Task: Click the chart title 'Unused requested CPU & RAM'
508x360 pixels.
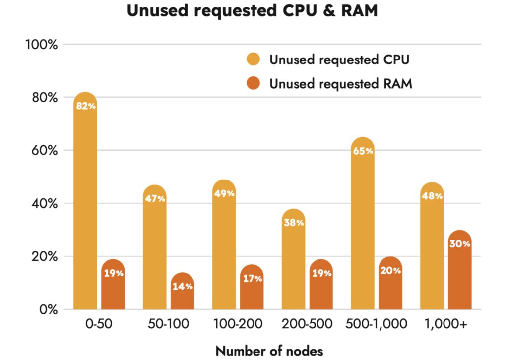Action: pos(252,11)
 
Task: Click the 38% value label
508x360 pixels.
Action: pos(294,223)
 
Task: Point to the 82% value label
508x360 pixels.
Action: pos(85,106)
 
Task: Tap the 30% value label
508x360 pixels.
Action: pos(460,243)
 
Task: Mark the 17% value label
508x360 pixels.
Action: pos(252,278)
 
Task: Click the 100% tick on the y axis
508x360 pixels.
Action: pos(41,45)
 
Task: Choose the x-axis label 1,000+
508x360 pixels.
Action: pos(446,325)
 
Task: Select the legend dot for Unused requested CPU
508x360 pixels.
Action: pos(253,60)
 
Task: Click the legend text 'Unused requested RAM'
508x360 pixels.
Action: pos(341,84)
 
